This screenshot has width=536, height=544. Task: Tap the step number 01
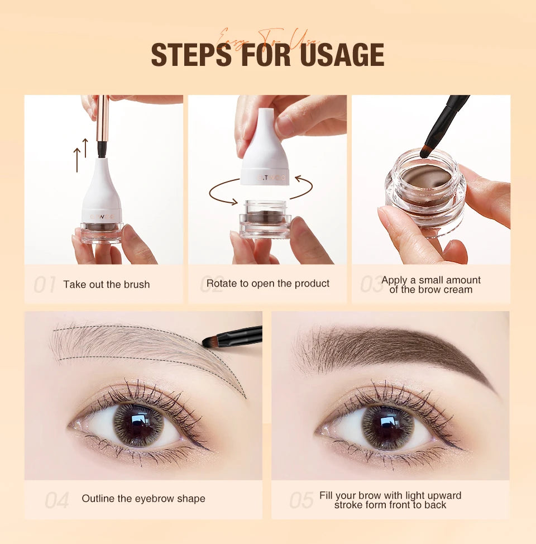[44, 285]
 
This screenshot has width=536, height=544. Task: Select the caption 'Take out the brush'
[106, 284]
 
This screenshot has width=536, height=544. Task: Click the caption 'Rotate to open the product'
[268, 283]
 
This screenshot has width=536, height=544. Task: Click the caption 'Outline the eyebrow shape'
[143, 499]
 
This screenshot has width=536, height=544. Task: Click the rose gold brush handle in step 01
[103, 120]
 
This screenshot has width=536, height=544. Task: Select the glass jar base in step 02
[265, 223]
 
